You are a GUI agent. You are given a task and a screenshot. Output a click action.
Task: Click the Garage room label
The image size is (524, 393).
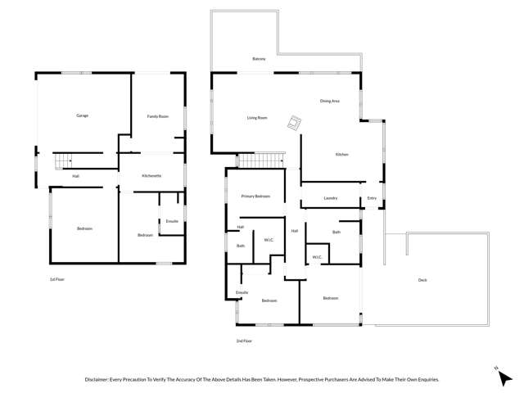(82, 115)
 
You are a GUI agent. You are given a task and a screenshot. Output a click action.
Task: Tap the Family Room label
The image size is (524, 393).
(157, 116)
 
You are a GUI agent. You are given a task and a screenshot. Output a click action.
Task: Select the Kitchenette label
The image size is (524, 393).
(151, 176)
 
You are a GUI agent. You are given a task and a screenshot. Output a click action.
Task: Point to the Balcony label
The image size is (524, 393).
(259, 59)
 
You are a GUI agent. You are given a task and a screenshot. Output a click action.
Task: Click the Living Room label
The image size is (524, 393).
(257, 118)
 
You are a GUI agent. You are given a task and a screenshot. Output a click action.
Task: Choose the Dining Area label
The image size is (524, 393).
(330, 101)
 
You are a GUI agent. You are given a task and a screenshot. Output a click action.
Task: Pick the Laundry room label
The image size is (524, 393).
(331, 198)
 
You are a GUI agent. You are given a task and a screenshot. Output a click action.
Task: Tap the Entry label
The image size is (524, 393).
(372, 198)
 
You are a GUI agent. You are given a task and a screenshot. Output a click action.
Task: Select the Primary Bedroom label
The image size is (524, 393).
(255, 196)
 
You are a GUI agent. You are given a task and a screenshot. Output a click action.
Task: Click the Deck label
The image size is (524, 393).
(422, 280)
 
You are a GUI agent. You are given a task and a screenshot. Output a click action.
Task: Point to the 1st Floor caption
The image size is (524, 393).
(56, 279)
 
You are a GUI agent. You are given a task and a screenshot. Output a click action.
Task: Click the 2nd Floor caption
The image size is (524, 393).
(244, 341)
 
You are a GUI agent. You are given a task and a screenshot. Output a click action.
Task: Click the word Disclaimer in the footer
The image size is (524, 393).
(100, 380)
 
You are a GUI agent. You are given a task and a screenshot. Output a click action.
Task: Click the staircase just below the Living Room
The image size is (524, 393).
(260, 160)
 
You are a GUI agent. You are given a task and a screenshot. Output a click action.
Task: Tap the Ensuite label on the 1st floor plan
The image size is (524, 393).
(172, 221)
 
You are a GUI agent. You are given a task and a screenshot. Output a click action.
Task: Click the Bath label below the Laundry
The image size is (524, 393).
(336, 233)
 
